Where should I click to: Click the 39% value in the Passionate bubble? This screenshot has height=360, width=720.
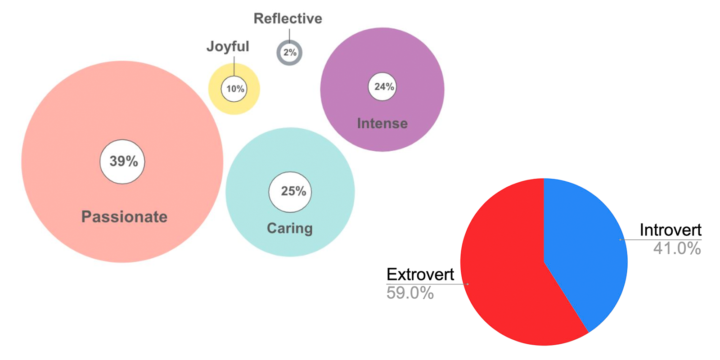click(x=123, y=161)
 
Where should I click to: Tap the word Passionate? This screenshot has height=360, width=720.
click(x=124, y=217)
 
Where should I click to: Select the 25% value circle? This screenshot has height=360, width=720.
click(x=290, y=192)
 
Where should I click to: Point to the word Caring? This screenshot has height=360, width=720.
click(x=290, y=228)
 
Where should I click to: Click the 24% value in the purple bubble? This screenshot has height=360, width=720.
click(x=383, y=86)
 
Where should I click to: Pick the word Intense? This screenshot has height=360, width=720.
click(x=382, y=123)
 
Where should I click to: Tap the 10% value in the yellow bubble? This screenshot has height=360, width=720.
click(x=234, y=89)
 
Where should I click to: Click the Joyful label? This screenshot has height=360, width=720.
click(x=228, y=46)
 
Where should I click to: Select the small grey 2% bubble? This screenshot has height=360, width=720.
click(x=289, y=53)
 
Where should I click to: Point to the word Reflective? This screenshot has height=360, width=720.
click(x=288, y=18)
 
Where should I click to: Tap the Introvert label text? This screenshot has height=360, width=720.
click(x=670, y=230)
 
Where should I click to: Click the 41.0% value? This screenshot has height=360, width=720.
click(x=677, y=248)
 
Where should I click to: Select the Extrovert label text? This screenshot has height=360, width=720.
click(x=420, y=274)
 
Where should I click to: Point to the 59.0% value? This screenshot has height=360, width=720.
click(x=410, y=293)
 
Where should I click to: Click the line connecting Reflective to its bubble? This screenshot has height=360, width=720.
click(x=289, y=35)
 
